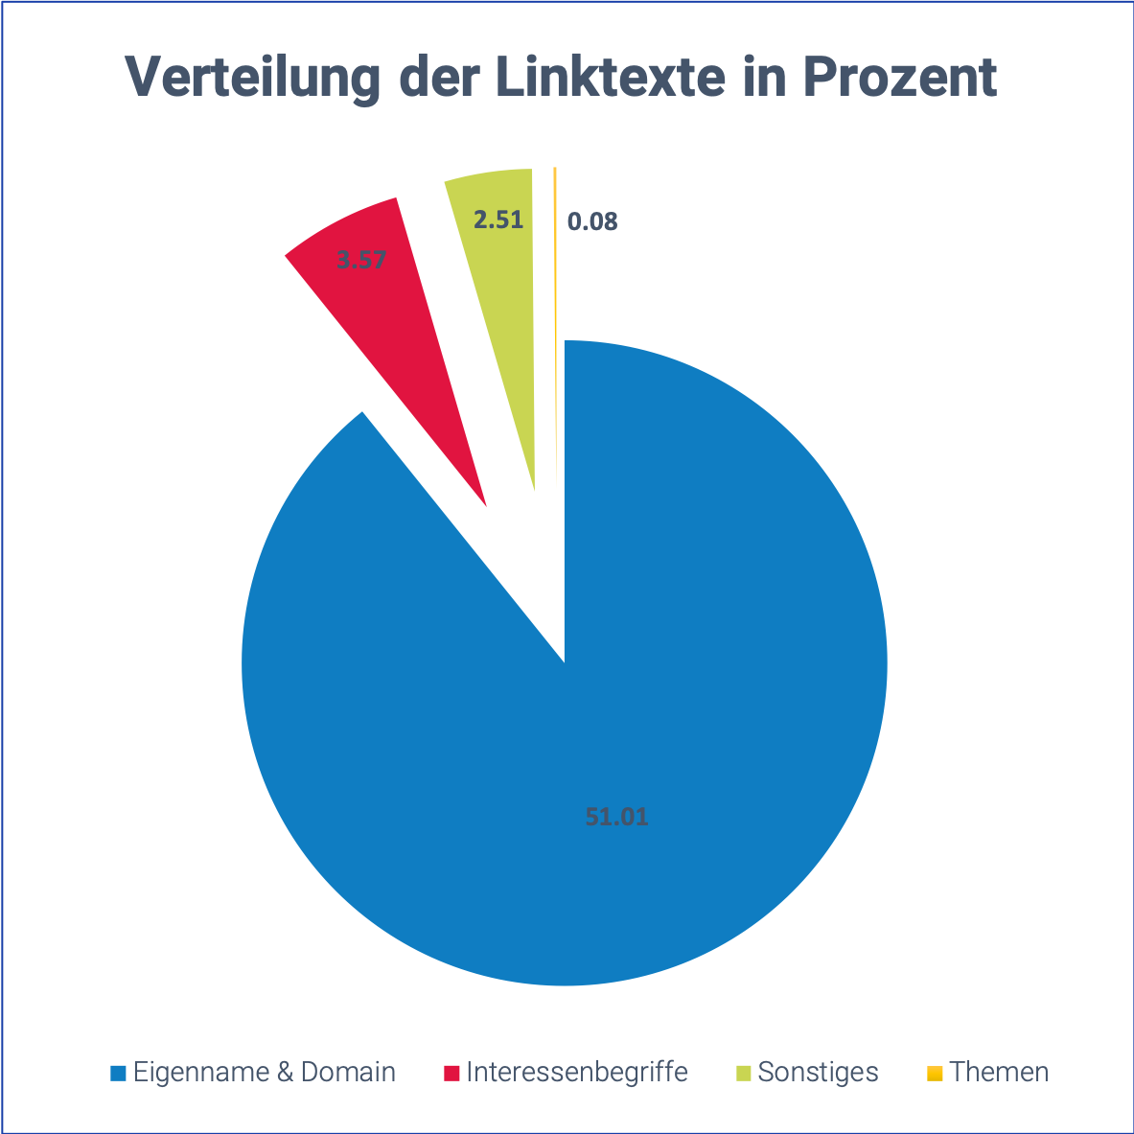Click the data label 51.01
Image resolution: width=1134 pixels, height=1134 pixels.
(x=616, y=818)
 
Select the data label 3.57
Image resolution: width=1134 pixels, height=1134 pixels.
(x=361, y=259)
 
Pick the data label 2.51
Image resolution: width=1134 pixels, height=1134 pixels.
(x=498, y=220)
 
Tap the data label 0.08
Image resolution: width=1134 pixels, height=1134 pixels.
(x=592, y=222)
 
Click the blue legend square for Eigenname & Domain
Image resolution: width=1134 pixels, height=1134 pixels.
(x=118, y=1072)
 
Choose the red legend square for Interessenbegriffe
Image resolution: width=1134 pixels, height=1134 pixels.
(x=451, y=1072)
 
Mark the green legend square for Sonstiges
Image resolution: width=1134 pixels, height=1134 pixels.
(x=743, y=1072)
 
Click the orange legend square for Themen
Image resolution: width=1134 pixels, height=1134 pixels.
(x=935, y=1072)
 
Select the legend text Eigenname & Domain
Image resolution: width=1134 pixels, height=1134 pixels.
(x=264, y=1072)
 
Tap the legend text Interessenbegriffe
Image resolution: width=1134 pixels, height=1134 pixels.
(x=577, y=1072)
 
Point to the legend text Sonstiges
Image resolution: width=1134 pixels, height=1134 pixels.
(x=818, y=1072)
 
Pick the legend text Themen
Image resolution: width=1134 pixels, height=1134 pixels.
(x=1000, y=1072)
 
